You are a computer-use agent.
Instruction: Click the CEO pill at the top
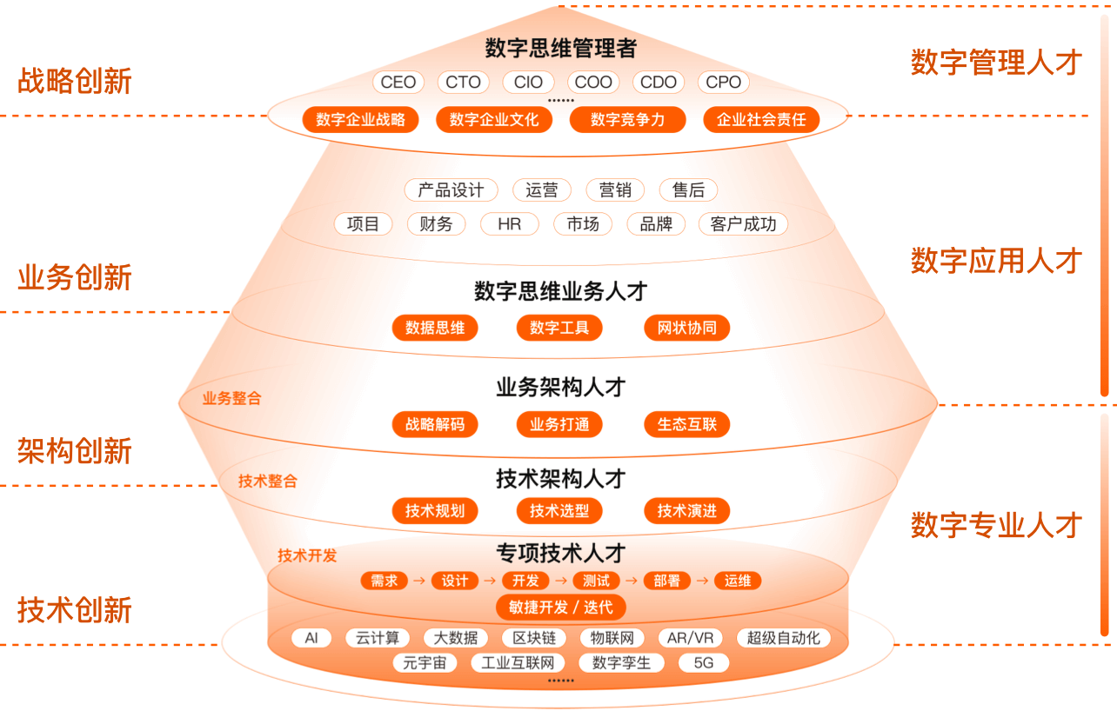click(x=398, y=83)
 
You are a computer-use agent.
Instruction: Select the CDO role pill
click(x=659, y=83)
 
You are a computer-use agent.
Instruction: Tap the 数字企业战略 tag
click(x=361, y=120)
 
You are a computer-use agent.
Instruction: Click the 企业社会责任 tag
click(x=761, y=120)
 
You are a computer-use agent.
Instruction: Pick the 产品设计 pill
click(x=451, y=190)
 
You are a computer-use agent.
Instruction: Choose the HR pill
click(x=510, y=224)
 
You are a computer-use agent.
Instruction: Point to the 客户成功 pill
click(x=743, y=224)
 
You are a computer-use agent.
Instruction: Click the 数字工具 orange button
click(x=559, y=328)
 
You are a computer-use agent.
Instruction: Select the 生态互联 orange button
click(x=687, y=424)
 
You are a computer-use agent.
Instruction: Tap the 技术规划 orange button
click(x=435, y=511)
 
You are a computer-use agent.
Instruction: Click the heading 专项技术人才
click(x=560, y=552)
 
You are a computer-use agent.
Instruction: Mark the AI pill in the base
click(x=311, y=638)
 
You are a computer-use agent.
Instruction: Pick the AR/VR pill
click(x=690, y=638)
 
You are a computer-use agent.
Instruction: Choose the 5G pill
click(x=703, y=663)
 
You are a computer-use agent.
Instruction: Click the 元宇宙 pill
click(x=425, y=663)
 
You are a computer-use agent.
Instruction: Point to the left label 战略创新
click(x=75, y=82)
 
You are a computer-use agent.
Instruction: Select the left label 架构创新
click(x=75, y=451)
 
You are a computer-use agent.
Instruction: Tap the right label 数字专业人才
click(x=996, y=525)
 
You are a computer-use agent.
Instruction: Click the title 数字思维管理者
click(x=560, y=48)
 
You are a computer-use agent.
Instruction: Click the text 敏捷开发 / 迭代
click(x=560, y=607)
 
